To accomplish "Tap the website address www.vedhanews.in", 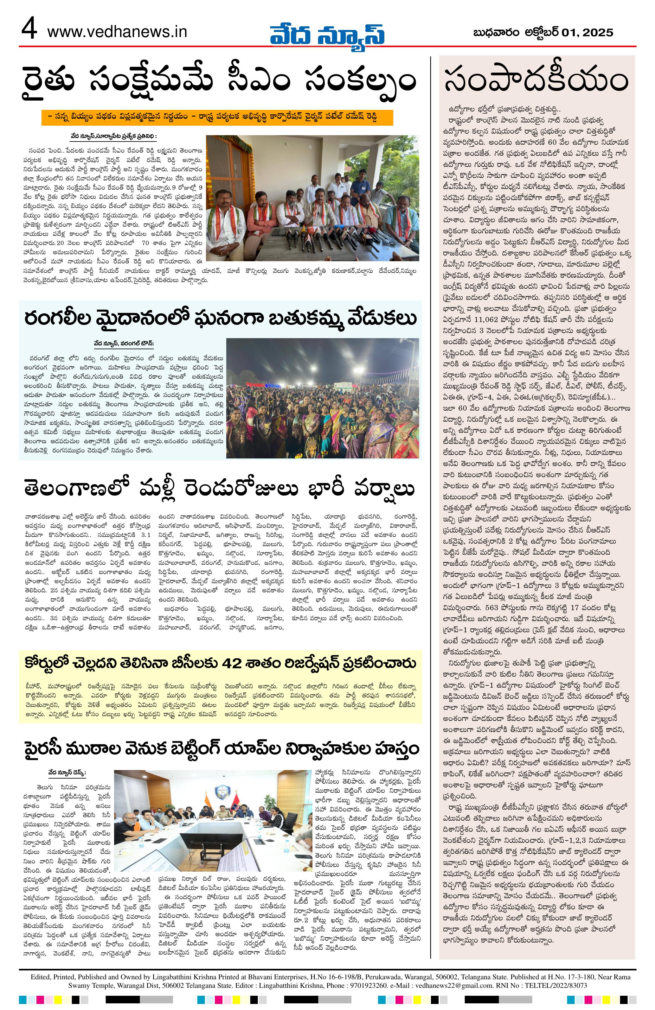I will pos(117,32).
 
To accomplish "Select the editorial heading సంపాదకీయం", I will pos(536,82).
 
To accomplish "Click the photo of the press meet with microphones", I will pos(312,198).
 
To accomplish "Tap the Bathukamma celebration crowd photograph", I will pos(323,397).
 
